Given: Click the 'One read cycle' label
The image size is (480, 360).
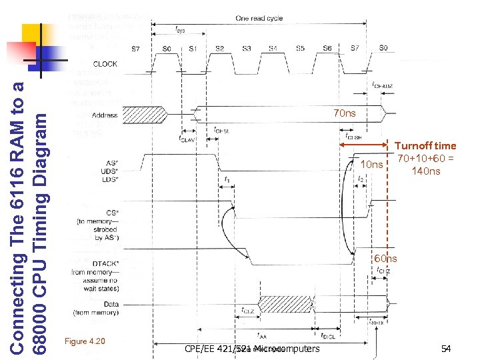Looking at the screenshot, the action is pyautogui.click(x=259, y=19).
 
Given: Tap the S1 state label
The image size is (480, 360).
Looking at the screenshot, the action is pyautogui.click(x=193, y=48).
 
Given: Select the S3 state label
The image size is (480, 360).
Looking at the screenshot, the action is pyautogui.click(x=247, y=48).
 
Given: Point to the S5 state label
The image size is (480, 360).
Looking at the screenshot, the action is pyautogui.click(x=300, y=48).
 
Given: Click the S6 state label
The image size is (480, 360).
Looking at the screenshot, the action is pyautogui.click(x=327, y=48).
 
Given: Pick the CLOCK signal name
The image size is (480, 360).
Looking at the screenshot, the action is pyautogui.click(x=105, y=64).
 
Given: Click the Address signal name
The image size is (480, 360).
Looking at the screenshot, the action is pyautogui.click(x=105, y=115).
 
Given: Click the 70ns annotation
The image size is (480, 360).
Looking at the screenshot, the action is pyautogui.click(x=344, y=113).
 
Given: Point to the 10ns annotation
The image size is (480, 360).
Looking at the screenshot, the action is pyautogui.click(x=371, y=165).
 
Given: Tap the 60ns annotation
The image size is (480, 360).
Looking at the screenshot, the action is pyautogui.click(x=385, y=259).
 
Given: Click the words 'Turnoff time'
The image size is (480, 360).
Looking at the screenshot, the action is pyautogui.click(x=425, y=145).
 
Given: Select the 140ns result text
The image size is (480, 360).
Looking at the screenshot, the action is pyautogui.click(x=425, y=171).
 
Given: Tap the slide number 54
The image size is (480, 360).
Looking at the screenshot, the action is pyautogui.click(x=445, y=348).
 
